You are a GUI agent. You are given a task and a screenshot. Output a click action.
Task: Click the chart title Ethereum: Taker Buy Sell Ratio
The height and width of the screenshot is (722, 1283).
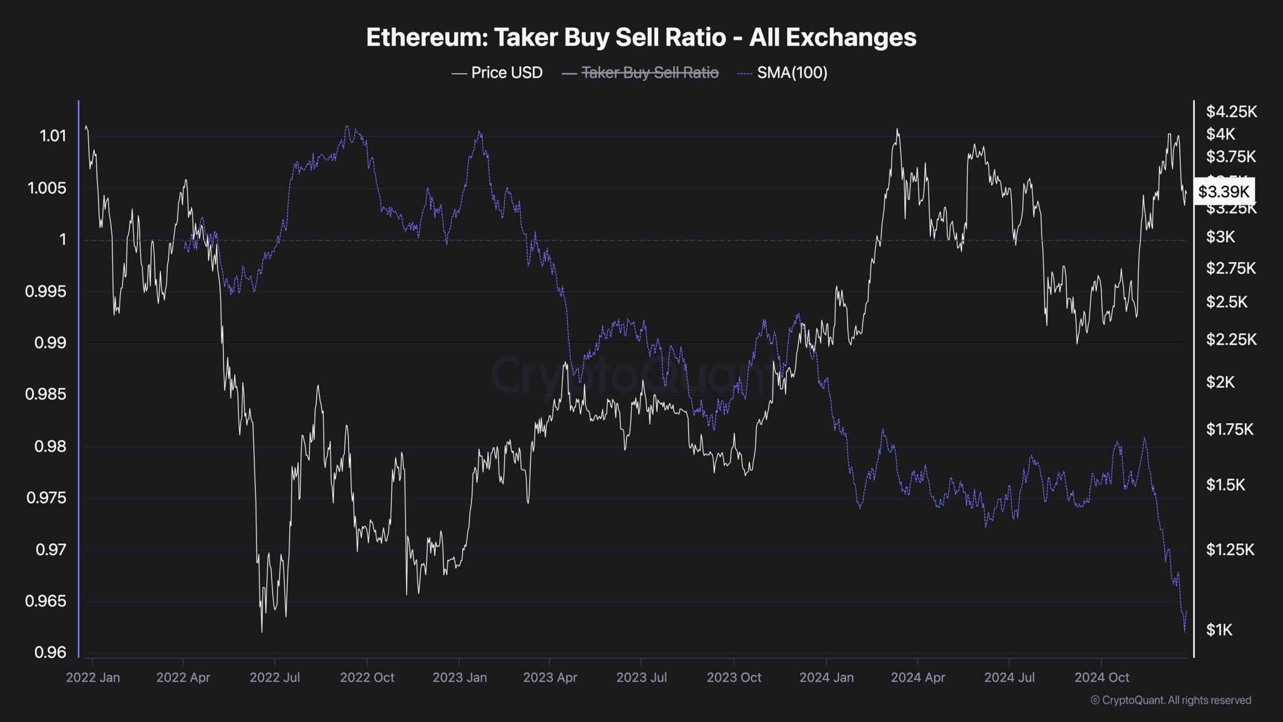click(641, 38)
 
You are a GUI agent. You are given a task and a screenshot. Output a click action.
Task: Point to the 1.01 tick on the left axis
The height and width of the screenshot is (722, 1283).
click(53, 136)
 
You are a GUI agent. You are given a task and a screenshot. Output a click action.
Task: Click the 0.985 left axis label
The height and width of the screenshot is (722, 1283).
click(46, 394)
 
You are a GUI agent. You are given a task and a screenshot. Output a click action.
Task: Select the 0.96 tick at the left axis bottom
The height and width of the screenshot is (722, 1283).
click(50, 652)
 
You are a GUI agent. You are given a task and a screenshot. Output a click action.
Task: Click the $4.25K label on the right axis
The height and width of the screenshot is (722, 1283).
click(1231, 111)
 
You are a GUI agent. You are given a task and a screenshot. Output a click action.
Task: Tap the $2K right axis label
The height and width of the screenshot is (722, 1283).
click(1220, 382)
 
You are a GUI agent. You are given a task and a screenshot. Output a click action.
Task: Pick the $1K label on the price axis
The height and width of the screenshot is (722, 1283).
click(1219, 630)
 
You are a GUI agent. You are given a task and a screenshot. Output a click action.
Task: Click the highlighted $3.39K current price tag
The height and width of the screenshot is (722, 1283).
click(1223, 191)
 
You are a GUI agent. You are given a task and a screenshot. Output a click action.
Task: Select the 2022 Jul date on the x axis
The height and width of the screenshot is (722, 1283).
click(275, 677)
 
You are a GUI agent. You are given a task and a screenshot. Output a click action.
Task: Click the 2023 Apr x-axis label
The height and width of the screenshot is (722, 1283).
click(550, 677)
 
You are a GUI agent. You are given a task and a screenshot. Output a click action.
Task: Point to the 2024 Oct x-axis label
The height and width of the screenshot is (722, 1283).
click(1102, 677)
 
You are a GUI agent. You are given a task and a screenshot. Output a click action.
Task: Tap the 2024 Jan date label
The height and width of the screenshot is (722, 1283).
click(826, 677)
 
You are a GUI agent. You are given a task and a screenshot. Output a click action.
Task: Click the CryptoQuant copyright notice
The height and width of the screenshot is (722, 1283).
click(1171, 700)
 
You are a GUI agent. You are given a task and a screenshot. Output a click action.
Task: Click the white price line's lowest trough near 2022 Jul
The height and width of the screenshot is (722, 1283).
click(262, 631)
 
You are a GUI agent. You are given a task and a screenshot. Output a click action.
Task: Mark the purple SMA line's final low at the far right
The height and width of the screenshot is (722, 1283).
click(1185, 632)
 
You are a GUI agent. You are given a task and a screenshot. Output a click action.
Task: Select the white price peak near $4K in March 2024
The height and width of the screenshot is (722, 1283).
click(897, 130)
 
